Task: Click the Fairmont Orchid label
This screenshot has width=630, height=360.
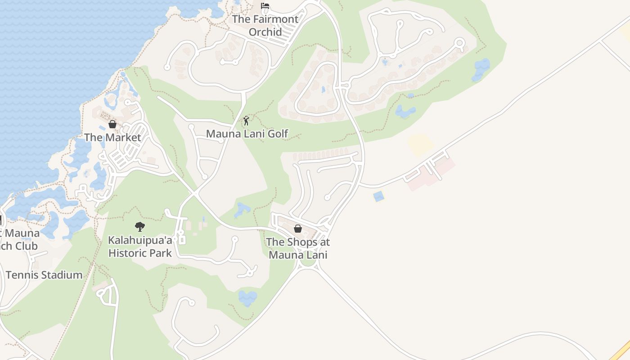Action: [x=265, y=26]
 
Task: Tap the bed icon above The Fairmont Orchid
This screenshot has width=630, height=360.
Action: [x=265, y=6]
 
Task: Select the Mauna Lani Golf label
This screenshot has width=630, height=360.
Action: [x=247, y=134]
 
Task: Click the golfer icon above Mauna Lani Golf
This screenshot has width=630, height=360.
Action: [x=246, y=121]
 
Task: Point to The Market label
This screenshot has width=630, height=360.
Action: [x=112, y=138]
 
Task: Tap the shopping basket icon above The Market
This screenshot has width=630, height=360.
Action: [x=112, y=124]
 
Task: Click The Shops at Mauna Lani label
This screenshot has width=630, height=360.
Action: [x=297, y=248]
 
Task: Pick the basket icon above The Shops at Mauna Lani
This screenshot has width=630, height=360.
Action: [x=297, y=229]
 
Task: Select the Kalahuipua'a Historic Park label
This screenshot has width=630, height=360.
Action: [x=140, y=247]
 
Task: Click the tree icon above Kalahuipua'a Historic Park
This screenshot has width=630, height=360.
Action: [x=140, y=226]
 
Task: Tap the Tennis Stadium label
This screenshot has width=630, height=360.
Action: [x=44, y=275]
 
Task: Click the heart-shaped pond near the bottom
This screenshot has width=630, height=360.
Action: [x=247, y=297]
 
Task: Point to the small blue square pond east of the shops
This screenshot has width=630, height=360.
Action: [x=379, y=196]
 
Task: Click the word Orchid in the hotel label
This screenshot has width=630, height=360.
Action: [x=265, y=32]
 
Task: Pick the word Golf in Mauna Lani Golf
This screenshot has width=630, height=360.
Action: [x=278, y=134]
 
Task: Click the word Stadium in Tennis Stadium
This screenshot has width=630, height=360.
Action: [x=63, y=275]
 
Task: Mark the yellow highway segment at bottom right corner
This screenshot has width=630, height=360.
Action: [x=621, y=351]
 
